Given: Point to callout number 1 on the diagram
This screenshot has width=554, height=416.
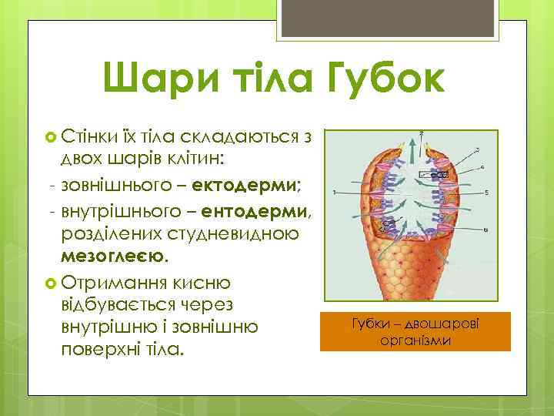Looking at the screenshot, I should pos(333,192).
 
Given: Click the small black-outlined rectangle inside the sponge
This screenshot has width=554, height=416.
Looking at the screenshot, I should pos(433,175).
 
